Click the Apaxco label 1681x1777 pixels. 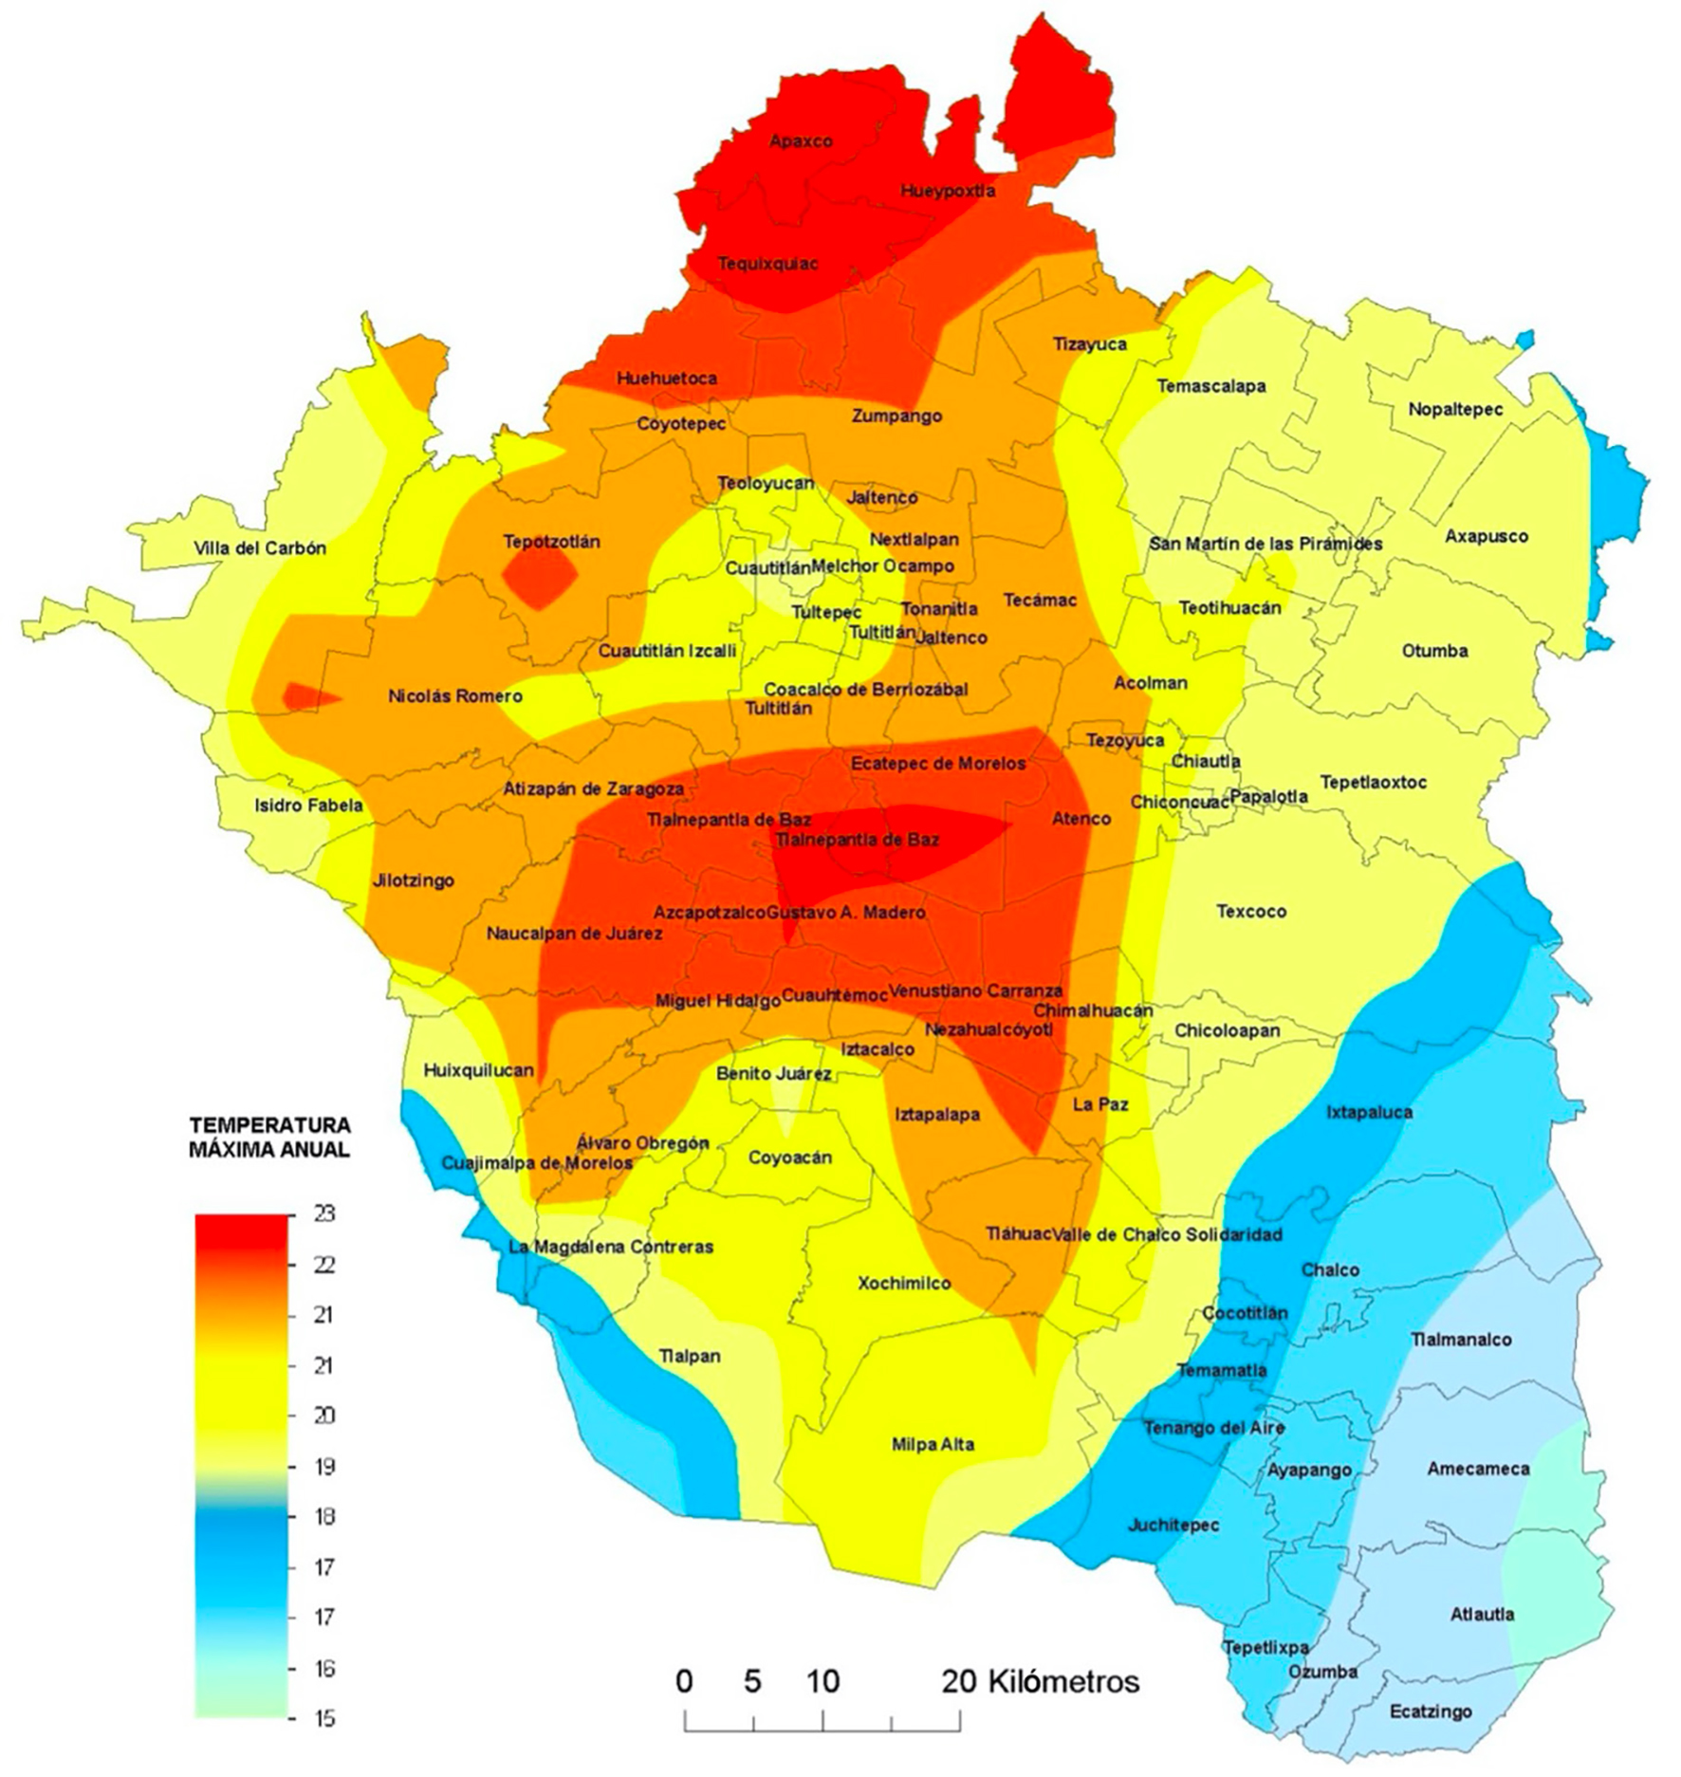click(801, 141)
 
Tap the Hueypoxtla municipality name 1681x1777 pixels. click(948, 191)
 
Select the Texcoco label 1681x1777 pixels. click(1251, 912)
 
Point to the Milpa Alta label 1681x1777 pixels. click(933, 1445)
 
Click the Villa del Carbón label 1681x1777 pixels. click(259, 548)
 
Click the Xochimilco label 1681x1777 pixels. click(904, 1284)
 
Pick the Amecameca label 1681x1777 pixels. click(1478, 1469)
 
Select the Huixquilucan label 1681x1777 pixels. click(478, 1070)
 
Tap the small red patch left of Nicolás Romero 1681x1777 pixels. click(306, 696)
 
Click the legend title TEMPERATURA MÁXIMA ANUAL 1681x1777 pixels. click(269, 1138)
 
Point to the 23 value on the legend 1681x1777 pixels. click(323, 1214)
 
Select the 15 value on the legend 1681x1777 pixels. click(323, 1718)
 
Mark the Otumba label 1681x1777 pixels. click(1434, 651)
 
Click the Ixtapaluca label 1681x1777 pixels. click(1369, 1112)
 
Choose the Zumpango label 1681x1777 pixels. click(896, 416)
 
